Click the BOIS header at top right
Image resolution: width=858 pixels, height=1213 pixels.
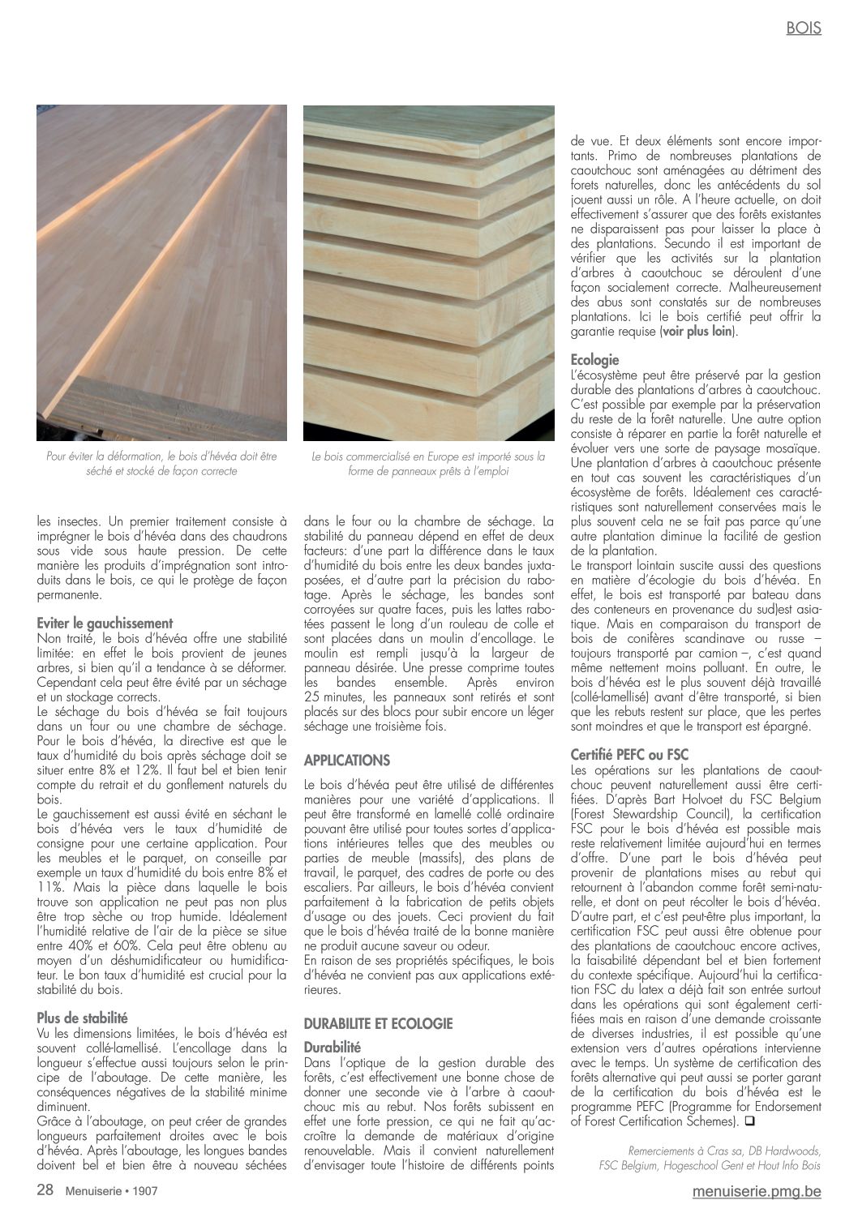click(x=803, y=28)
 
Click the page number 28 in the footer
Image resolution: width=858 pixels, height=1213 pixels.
click(x=45, y=1190)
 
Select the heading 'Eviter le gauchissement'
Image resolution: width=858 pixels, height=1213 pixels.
click(x=105, y=624)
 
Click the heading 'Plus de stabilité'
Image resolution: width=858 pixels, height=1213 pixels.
click(x=83, y=1017)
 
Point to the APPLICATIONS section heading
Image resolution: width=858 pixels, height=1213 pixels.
click(x=346, y=761)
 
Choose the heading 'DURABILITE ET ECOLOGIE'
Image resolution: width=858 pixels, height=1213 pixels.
click(x=378, y=1024)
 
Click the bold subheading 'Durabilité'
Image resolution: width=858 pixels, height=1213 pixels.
click(x=332, y=1047)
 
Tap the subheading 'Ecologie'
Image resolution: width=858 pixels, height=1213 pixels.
click(x=595, y=360)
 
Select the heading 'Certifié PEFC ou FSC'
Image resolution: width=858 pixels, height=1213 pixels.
click(x=629, y=754)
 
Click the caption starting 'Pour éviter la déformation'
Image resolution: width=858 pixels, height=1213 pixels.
click(x=161, y=464)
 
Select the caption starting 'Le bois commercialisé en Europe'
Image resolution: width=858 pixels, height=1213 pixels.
click(x=428, y=464)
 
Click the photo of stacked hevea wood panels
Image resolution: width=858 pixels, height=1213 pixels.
click(x=428, y=272)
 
